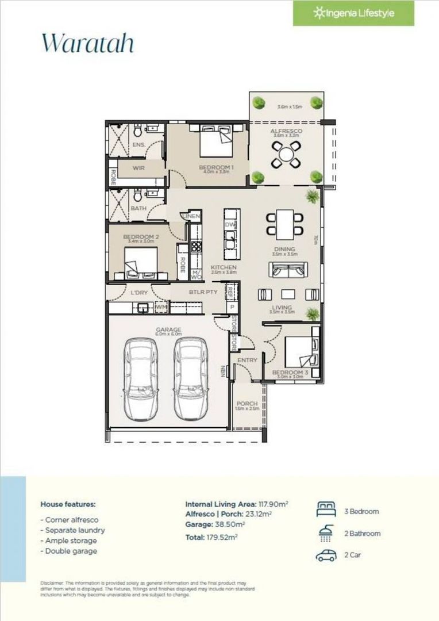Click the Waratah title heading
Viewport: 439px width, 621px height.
point(87,43)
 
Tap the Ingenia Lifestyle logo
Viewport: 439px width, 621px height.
point(353,13)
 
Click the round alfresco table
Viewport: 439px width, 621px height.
point(286,154)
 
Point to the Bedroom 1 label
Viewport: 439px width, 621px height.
point(214,167)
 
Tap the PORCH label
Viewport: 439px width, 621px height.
point(248,404)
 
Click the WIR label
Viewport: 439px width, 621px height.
point(138,168)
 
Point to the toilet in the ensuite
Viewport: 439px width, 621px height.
point(139,131)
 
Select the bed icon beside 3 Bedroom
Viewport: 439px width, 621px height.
point(326,510)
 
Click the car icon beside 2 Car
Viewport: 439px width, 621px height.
point(326,555)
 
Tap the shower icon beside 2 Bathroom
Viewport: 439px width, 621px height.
point(326,533)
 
